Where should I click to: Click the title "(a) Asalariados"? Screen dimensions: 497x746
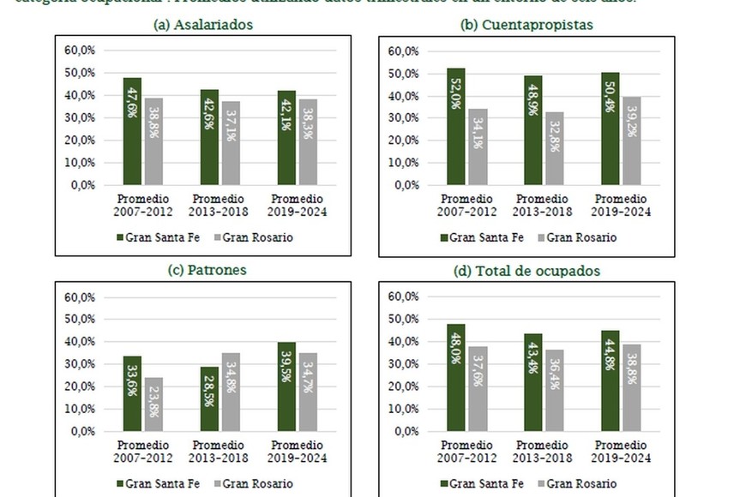click(202, 25)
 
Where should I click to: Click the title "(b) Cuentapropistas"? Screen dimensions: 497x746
click(526, 25)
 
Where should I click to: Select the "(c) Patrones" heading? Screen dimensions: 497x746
click(202, 270)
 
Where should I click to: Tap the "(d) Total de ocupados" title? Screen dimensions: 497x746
click(526, 271)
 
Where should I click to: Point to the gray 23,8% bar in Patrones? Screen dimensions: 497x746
click(153, 404)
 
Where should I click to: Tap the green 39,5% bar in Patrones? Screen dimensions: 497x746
click(286, 386)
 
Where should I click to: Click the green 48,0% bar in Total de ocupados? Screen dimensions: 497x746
click(456, 377)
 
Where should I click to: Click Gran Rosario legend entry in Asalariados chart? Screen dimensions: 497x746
click(253, 237)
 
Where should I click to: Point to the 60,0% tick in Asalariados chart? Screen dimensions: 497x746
click(80, 50)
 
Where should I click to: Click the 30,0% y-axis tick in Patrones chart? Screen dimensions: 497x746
click(80, 364)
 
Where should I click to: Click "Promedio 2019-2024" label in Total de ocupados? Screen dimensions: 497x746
click(621, 453)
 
